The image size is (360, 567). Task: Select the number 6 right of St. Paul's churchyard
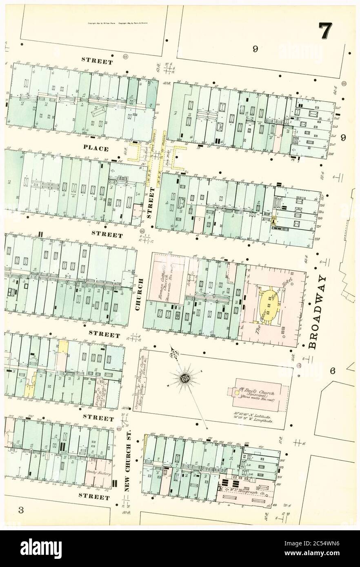click(333, 371)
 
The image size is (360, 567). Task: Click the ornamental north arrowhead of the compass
click(176, 352)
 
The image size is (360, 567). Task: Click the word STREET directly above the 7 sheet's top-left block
click(97, 62)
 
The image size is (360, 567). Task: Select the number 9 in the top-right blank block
click(255, 49)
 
